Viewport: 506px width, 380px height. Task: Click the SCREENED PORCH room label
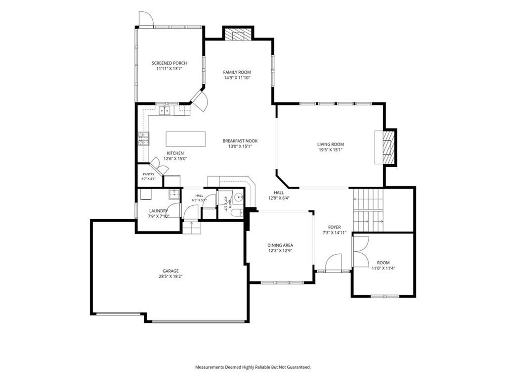tap(169, 63)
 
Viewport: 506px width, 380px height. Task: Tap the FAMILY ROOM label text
tap(237, 72)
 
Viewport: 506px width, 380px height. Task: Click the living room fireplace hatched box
tap(388, 147)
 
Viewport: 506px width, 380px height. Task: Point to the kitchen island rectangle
tap(186, 139)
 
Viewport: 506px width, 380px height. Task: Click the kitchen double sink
tap(165, 110)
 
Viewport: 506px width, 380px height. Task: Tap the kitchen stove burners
tap(144, 139)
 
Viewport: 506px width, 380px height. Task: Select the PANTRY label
tap(148, 174)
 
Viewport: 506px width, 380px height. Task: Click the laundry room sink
tap(174, 194)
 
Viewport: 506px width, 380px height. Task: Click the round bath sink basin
tap(239, 196)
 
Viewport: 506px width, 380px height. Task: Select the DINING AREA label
tap(280, 245)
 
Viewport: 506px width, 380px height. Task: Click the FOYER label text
tap(335, 227)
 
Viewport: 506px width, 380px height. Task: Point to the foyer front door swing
tap(333, 262)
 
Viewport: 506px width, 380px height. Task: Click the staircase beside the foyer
tap(368, 210)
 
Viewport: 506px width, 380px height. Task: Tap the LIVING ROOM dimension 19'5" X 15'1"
tap(331, 150)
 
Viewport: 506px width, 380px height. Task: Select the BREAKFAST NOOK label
tap(240, 141)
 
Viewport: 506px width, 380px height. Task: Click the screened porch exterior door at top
tap(146, 19)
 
